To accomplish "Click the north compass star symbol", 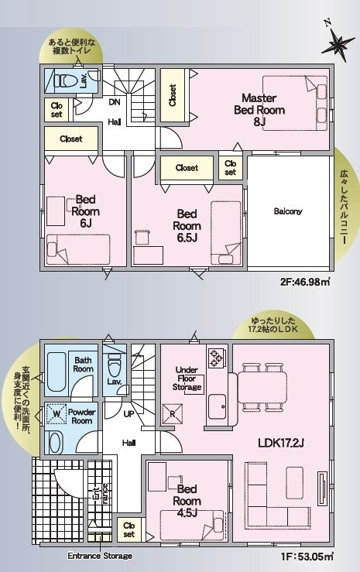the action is point(338,44).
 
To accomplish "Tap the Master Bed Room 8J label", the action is point(259,110).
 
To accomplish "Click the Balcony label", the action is point(288,211).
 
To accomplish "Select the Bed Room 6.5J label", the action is point(187,226).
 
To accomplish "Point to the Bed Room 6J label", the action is point(86,211).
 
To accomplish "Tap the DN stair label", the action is point(115,102).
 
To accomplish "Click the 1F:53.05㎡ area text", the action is point(307,557).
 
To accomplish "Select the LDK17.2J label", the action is point(281,444).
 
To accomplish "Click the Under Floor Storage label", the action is point(187,378).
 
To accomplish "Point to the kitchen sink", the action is point(218,407).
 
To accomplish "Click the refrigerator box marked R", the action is point(173,413).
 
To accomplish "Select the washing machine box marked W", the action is point(57,414).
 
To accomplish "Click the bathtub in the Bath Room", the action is point(56,373).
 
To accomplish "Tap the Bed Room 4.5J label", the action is point(187,501).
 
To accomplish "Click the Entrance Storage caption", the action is point(100,556).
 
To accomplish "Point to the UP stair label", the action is point(129,414).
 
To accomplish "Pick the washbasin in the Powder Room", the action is point(55,442).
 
